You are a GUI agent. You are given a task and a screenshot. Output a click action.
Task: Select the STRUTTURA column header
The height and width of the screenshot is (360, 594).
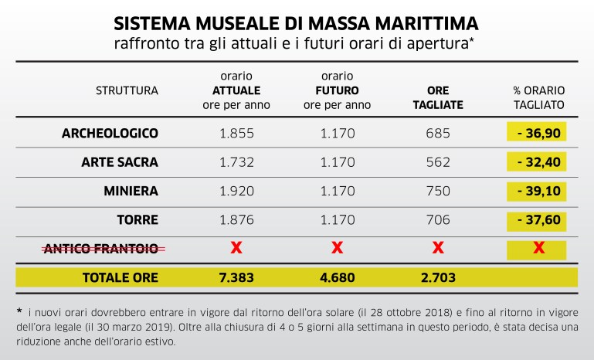click(127, 90)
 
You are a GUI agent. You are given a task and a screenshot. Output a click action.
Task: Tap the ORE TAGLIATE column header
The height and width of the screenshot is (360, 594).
click(437, 97)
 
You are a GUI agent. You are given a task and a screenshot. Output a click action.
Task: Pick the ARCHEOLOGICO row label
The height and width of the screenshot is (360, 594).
click(110, 133)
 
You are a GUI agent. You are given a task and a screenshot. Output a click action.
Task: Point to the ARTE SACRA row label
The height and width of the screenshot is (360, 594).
click(120, 162)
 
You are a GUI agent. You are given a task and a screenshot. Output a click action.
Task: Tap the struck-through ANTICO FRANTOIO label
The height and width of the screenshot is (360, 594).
click(100, 248)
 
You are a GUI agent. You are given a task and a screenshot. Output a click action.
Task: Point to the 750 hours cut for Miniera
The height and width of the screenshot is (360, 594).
click(437, 191)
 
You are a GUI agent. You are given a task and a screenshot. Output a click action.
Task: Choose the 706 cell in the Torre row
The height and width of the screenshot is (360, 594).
click(437, 219)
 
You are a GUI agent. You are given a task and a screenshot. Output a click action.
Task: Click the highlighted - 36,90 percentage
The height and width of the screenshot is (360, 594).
click(538, 133)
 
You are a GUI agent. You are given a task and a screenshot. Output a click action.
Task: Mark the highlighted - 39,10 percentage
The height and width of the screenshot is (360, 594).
click(538, 191)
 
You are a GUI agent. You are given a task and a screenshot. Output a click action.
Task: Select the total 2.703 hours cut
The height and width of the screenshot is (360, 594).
click(437, 277)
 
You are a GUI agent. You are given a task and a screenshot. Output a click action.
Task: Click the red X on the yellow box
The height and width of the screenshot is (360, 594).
click(538, 248)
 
